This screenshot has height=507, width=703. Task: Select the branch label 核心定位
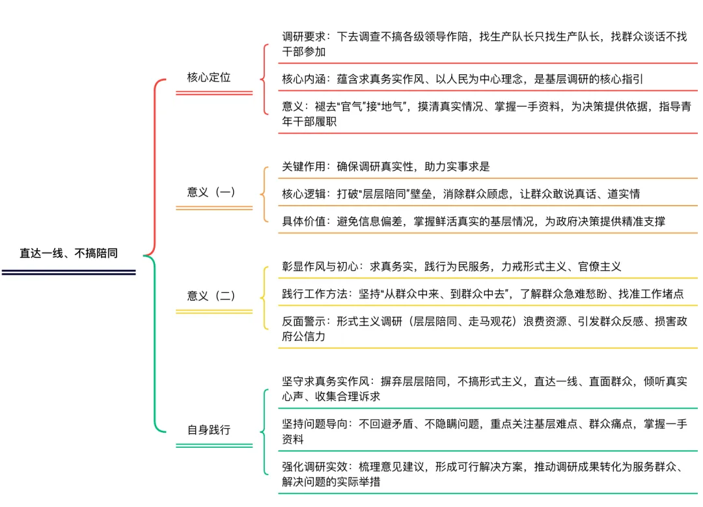point(209,77)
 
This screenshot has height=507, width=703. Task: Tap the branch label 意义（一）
point(211,192)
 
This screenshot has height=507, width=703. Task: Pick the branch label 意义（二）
point(211,295)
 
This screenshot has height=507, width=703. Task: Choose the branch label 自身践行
point(209,430)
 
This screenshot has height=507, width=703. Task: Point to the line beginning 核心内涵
point(463,79)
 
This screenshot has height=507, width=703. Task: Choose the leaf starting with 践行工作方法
point(482,294)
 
